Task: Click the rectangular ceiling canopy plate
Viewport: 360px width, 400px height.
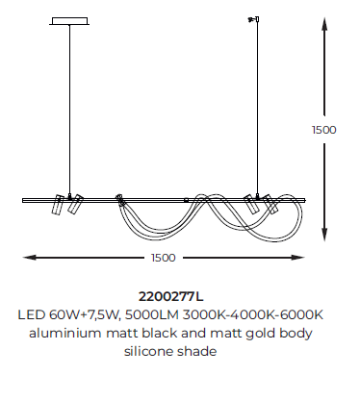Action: (x=69, y=21)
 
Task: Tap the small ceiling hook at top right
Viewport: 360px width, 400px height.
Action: (x=254, y=19)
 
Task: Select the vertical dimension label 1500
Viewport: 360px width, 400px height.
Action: (x=324, y=130)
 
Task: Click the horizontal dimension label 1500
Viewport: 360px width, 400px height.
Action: (x=164, y=258)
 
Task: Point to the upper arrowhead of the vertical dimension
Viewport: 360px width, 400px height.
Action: (x=324, y=24)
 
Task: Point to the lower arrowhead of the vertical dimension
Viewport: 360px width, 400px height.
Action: (x=324, y=235)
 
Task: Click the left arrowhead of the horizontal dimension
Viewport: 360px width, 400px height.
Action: (x=30, y=257)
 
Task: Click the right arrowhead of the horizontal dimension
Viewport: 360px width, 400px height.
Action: (x=297, y=257)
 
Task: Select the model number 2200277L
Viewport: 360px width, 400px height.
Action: (x=170, y=296)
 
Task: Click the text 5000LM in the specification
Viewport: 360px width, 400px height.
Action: (x=152, y=314)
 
